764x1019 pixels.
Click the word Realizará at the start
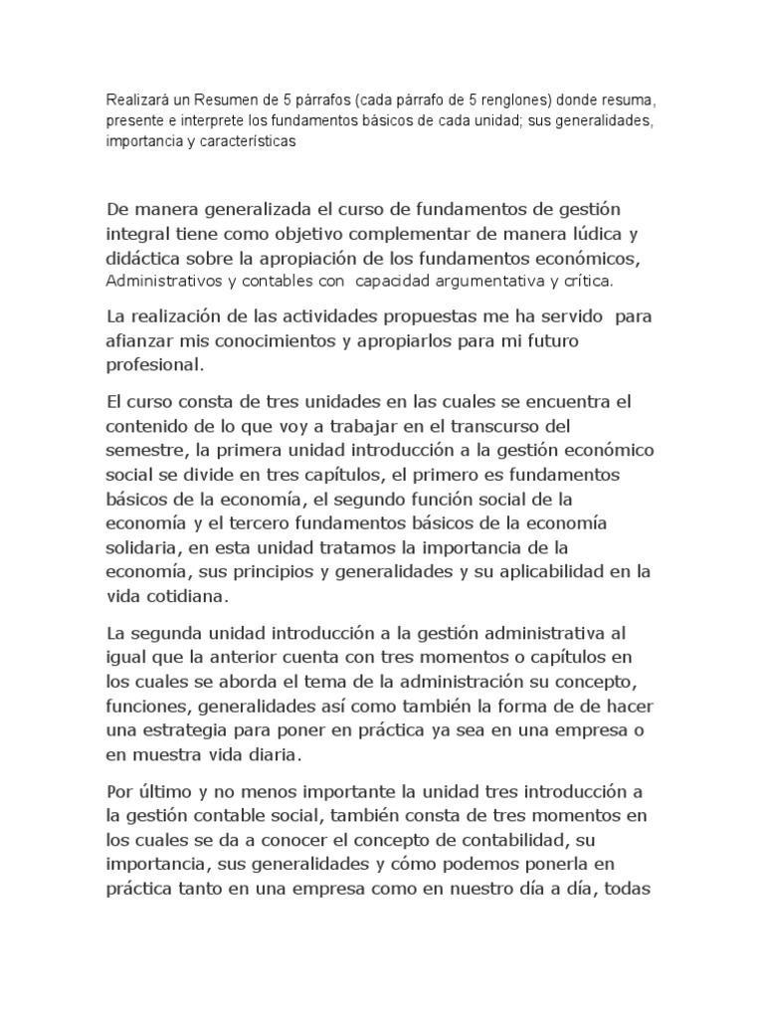(x=136, y=101)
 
